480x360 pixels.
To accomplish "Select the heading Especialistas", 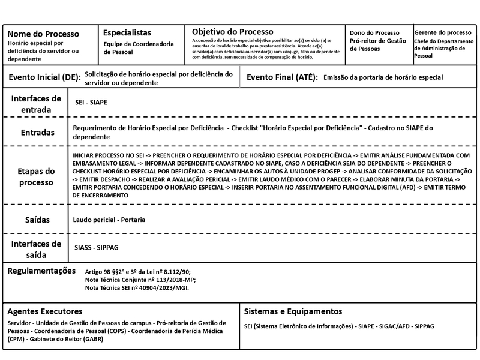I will (127, 32).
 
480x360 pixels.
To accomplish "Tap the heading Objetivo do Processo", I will (232, 31).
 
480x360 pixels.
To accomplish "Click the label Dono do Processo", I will (374, 32).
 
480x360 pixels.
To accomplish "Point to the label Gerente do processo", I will (443, 32).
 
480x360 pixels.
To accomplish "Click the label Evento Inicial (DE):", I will (43, 77).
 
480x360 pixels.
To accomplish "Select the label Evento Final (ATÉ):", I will (282, 77).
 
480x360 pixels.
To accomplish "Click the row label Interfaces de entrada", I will (36, 104).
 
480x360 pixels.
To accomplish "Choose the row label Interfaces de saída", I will (36, 249).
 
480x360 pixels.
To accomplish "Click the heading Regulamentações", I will (41, 271).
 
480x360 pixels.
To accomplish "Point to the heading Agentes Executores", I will (45, 311).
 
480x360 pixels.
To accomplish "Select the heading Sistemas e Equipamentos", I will (293, 311).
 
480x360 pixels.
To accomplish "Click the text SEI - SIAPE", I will (91, 103).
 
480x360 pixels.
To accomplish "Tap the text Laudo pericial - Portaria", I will (109, 220).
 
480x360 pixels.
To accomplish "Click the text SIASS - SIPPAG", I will (97, 247).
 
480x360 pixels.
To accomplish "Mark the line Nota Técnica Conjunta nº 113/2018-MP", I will (140, 280).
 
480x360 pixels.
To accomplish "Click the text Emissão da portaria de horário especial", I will (383, 77).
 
